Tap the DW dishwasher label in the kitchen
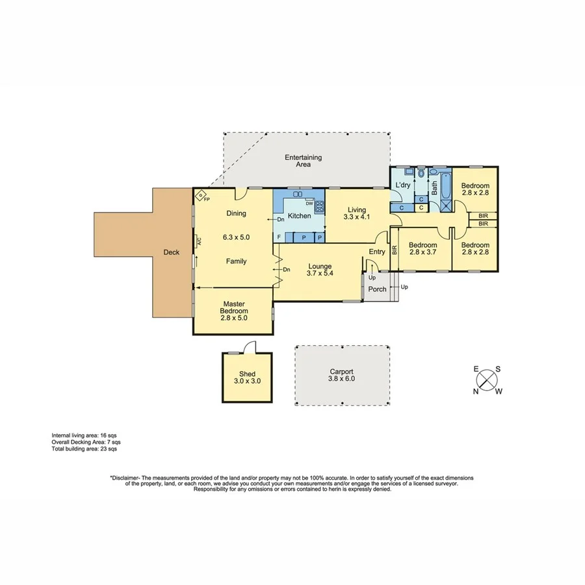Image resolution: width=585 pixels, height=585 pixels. coord(309,203)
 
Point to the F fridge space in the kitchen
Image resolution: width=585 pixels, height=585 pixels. coord(279,237)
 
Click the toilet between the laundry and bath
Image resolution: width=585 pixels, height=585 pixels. coord(421,174)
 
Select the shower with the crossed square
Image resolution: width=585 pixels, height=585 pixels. coord(446,206)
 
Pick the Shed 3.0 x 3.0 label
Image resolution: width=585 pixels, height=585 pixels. coord(247,378)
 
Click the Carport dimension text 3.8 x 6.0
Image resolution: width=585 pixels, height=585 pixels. coord(341,379)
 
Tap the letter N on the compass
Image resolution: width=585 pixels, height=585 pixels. coord(476,391)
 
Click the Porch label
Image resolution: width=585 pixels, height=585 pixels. coord(377,289)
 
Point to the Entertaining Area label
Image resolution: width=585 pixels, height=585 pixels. coord(303,161)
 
